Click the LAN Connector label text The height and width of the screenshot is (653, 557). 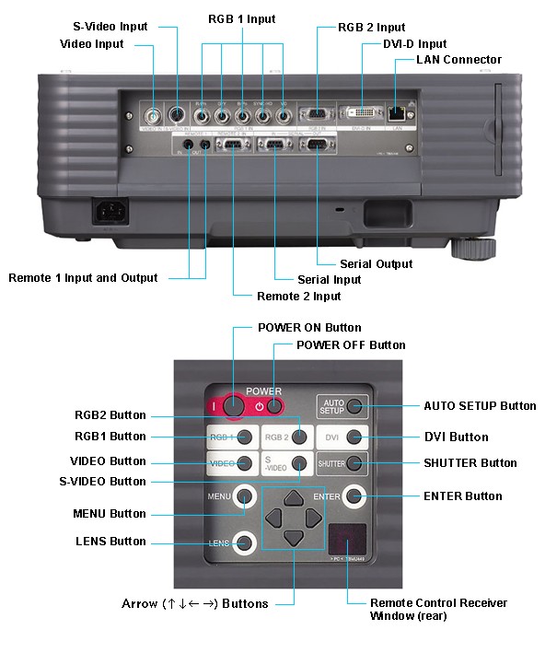click(x=458, y=60)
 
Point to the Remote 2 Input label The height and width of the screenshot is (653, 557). click(x=298, y=296)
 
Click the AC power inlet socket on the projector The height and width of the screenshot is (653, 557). click(x=110, y=214)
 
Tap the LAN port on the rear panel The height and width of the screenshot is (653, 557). click(x=397, y=113)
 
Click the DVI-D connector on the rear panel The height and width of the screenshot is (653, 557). click(x=362, y=113)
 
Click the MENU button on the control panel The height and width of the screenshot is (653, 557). click(x=244, y=496)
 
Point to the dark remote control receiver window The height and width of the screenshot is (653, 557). click(x=347, y=540)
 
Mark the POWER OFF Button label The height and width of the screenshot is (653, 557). click(x=350, y=345)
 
